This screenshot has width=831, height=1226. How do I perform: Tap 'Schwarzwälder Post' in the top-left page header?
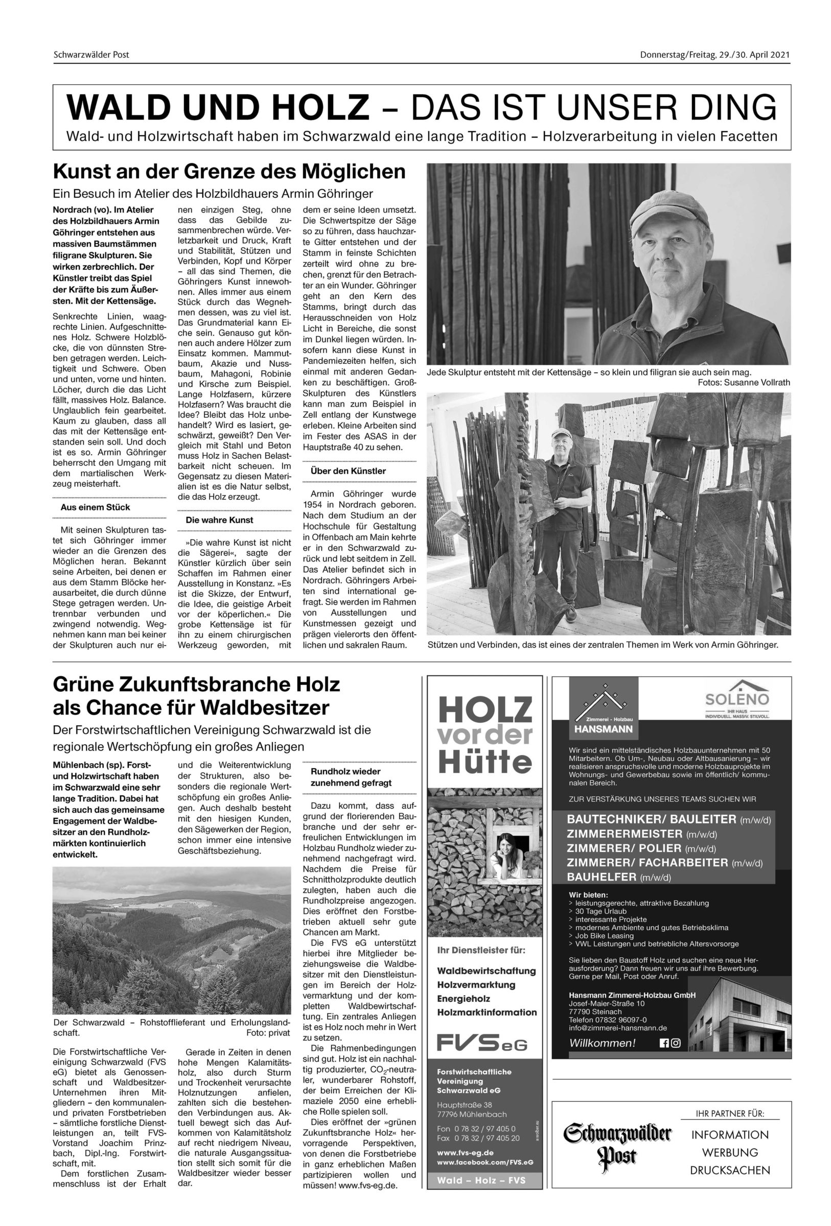pyautogui.click(x=91, y=54)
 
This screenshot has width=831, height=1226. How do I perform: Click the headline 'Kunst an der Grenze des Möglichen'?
pyautogui.click(x=229, y=172)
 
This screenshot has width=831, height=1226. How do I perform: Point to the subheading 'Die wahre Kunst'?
pyautogui.click(x=219, y=520)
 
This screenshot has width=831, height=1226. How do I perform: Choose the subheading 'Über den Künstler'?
pyautogui.click(x=348, y=470)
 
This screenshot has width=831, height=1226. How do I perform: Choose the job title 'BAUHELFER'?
pyautogui.click(x=602, y=877)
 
